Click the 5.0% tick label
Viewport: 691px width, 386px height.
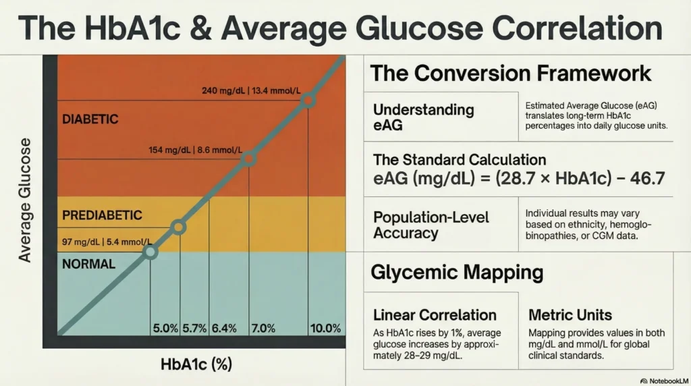tap(165, 329)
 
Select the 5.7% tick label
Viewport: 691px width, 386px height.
tap(194, 329)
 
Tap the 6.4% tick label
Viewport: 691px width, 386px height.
tap(224, 329)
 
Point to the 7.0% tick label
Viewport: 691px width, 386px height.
tap(262, 329)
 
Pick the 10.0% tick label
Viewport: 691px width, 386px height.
tap(325, 329)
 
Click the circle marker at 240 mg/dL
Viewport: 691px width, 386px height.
tap(308, 101)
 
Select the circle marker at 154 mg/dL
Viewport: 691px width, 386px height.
tap(248, 159)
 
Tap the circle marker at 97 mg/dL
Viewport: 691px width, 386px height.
tap(150, 252)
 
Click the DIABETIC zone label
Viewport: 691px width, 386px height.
tap(90, 119)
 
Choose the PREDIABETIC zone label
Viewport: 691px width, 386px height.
tap(102, 216)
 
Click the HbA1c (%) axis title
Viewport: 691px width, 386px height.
tap(196, 365)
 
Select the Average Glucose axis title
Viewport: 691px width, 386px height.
tap(26, 200)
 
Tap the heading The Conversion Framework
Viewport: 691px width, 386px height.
tap(511, 73)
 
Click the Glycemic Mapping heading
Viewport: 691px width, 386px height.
tap(457, 273)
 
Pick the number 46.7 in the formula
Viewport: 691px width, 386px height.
tap(642, 179)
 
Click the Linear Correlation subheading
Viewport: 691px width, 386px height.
tap(435, 315)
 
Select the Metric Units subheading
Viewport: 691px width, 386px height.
tap(570, 315)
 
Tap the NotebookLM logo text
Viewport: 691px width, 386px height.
tap(665, 379)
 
